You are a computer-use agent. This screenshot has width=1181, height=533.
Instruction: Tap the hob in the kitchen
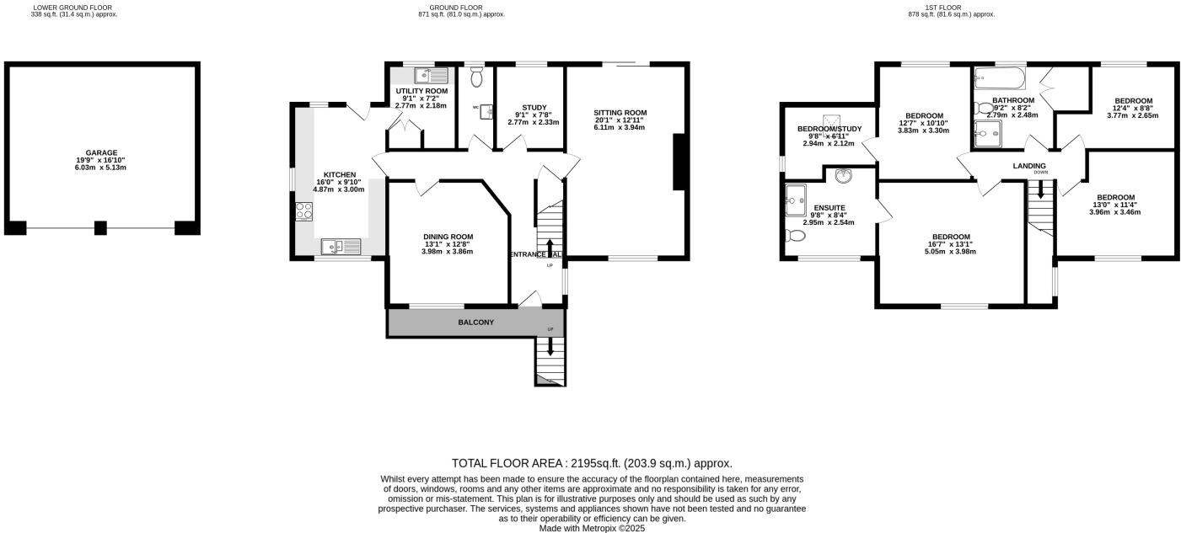tap(303, 211)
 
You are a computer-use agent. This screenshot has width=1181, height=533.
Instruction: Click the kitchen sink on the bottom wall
tap(340, 246)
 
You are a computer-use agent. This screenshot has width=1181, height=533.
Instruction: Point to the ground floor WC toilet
tap(477, 77)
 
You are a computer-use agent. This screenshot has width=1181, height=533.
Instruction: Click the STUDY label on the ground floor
tap(534, 107)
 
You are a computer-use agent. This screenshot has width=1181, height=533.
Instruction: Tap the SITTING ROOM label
tap(620, 112)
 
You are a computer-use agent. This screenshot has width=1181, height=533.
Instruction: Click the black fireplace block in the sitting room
tap(678, 163)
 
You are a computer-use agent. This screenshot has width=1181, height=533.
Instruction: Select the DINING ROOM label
tap(448, 237)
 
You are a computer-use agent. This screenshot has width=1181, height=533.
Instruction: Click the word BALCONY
tap(475, 322)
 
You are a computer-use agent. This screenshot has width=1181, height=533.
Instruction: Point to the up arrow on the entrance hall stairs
tap(550, 246)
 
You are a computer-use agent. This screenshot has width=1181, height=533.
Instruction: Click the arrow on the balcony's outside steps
tap(550, 345)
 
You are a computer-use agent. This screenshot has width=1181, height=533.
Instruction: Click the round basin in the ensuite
tap(842, 176)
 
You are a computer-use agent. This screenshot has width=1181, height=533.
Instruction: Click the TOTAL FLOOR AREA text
tap(592, 463)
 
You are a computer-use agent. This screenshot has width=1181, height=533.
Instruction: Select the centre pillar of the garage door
tap(100, 227)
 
